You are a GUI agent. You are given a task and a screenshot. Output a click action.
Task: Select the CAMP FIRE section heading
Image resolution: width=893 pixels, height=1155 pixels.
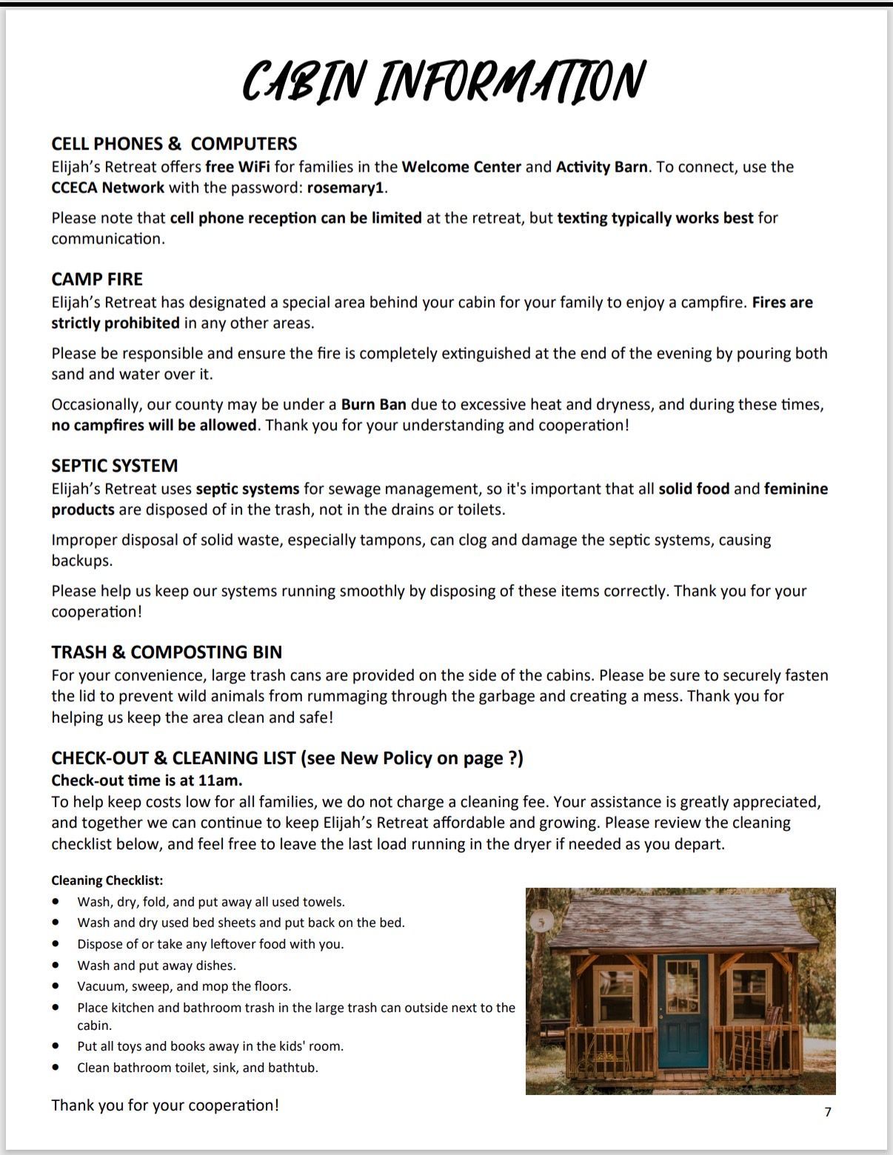97,279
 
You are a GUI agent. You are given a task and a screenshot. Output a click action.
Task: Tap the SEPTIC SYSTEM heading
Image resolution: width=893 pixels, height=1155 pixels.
115,465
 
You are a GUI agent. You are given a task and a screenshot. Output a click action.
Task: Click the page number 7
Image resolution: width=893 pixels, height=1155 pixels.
828,1111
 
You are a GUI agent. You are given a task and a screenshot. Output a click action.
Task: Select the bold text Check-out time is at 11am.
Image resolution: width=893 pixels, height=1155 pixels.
147,781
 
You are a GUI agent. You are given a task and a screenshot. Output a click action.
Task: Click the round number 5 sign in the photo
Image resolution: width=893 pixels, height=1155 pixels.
541,922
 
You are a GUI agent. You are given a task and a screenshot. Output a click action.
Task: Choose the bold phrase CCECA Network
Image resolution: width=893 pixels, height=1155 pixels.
108,188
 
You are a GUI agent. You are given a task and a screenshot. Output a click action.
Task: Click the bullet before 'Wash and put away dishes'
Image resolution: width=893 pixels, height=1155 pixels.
56,966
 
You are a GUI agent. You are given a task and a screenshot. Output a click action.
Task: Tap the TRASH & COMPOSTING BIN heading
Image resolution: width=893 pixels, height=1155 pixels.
167,652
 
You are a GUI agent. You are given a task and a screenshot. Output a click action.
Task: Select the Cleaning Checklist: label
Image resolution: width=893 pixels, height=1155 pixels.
107,880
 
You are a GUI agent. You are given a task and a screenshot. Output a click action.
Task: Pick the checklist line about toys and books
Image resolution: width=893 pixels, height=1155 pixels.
210,1046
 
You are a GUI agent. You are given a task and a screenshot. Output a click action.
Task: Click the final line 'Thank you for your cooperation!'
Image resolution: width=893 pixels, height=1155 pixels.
165,1105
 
